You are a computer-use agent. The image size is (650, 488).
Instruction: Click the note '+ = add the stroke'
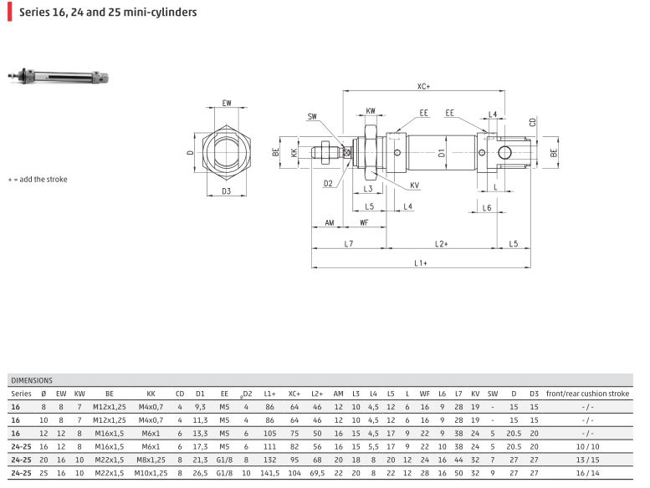click(x=38, y=179)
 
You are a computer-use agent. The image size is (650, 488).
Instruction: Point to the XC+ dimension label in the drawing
click(x=422, y=86)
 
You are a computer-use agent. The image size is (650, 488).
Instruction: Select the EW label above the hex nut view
click(x=226, y=103)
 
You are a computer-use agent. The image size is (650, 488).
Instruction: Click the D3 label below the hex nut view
click(x=226, y=191)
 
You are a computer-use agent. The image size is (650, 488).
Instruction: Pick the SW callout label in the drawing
click(x=312, y=116)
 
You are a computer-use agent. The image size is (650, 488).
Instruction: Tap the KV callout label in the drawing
click(x=415, y=185)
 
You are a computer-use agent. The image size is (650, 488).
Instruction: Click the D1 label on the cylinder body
click(x=441, y=152)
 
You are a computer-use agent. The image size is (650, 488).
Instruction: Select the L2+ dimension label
click(x=441, y=243)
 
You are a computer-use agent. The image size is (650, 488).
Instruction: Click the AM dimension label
click(x=329, y=223)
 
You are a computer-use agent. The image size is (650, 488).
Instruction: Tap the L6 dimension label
click(x=487, y=206)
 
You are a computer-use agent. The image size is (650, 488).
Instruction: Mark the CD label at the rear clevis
click(x=533, y=122)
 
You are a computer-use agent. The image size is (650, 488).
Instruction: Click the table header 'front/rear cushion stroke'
click(x=587, y=393)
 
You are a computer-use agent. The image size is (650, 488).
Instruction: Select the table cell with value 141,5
click(x=269, y=472)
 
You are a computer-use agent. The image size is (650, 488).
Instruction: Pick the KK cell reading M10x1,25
click(x=151, y=472)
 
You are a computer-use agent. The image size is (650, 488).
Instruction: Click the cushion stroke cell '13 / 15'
click(x=587, y=459)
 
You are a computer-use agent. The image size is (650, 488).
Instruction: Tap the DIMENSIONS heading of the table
click(x=32, y=379)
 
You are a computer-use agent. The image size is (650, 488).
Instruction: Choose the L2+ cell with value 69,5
click(x=317, y=472)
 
